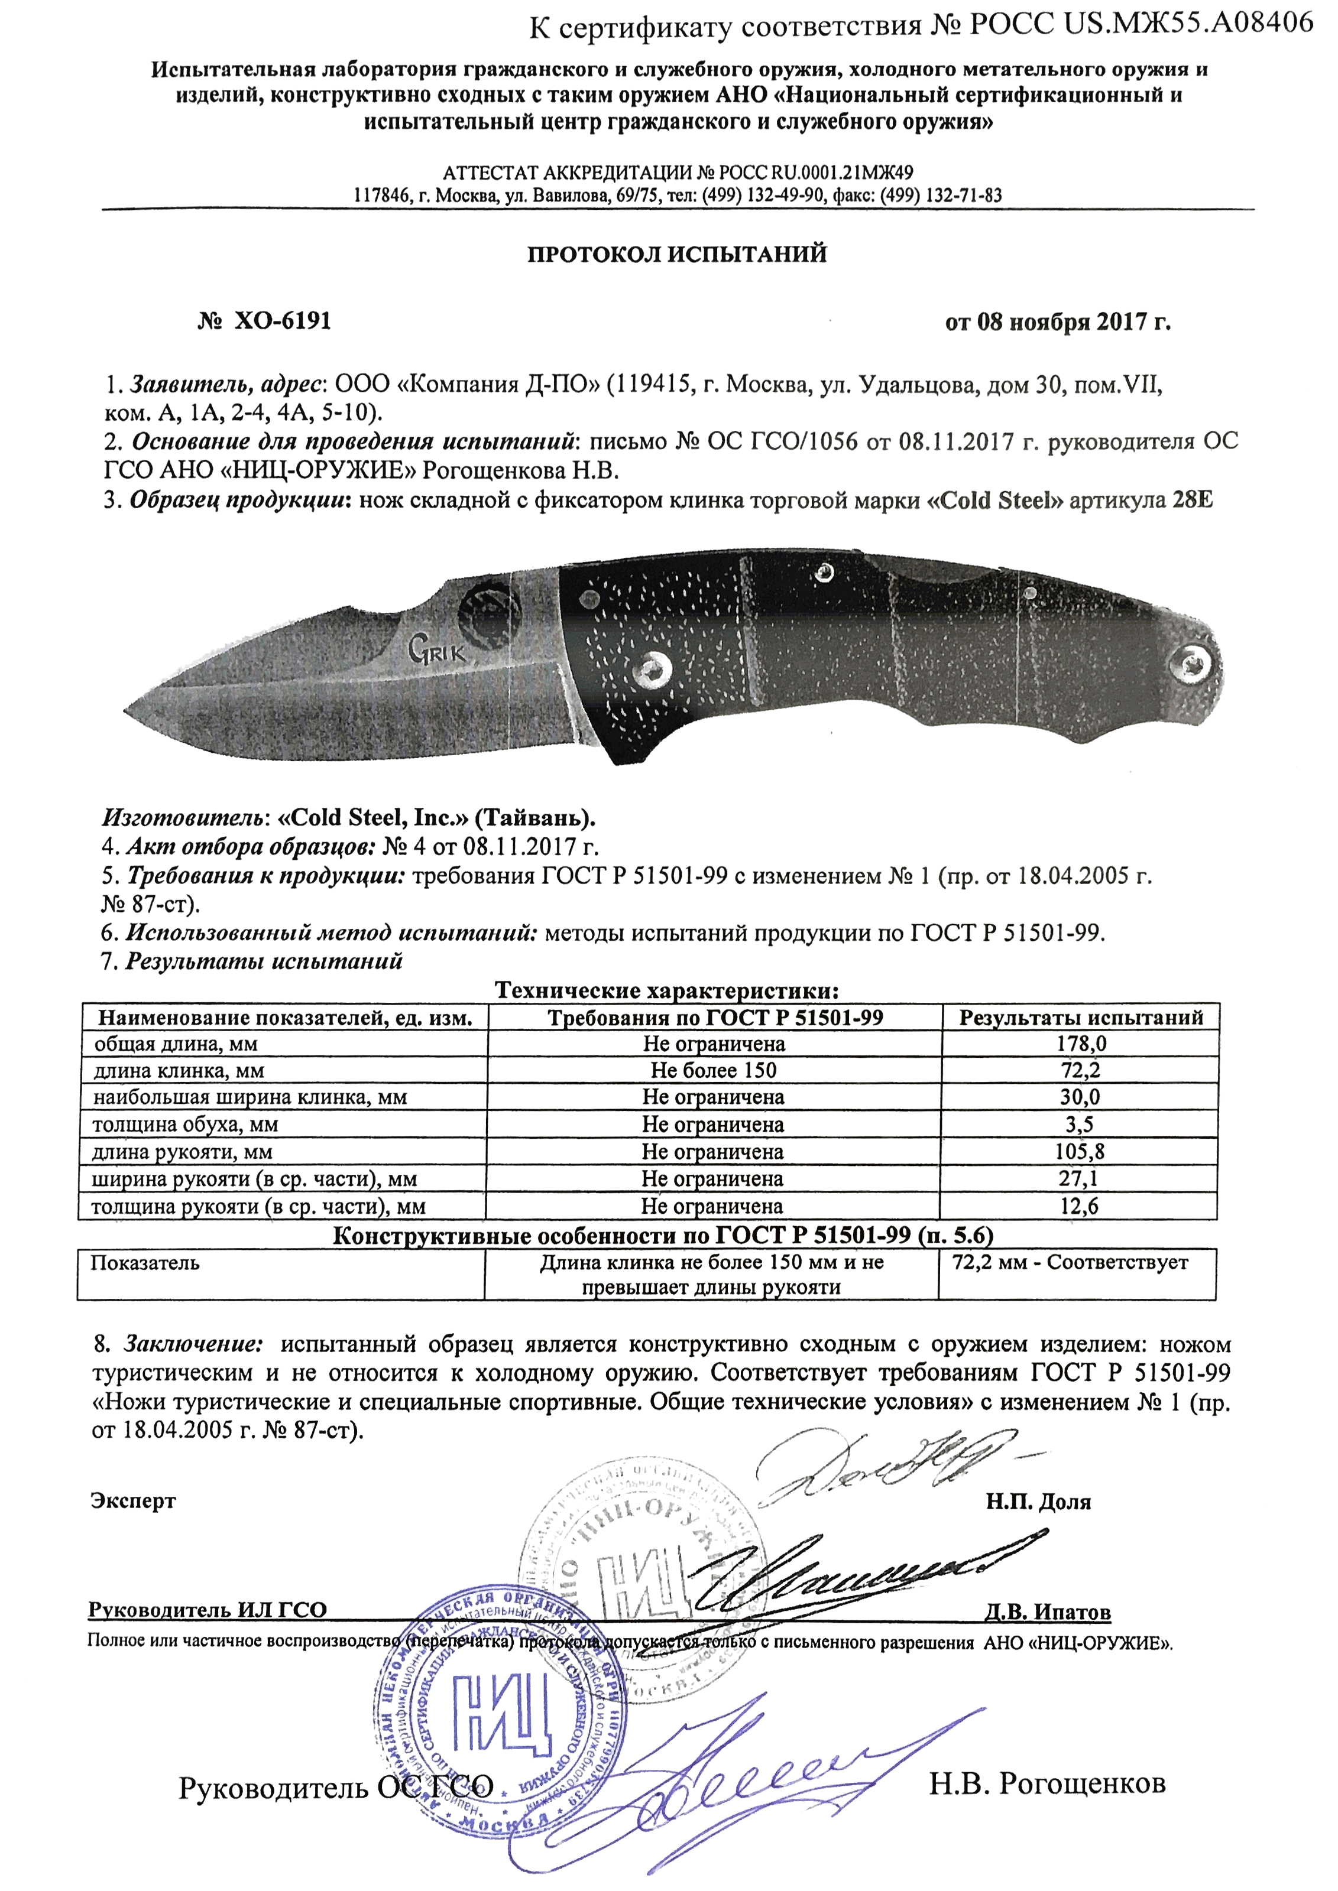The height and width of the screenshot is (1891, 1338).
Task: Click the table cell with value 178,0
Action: (1081, 1044)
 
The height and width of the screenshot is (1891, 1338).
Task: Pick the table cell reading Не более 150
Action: (714, 1071)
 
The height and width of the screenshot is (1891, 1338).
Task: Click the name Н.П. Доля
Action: (1038, 1502)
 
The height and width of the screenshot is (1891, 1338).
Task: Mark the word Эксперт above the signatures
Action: (132, 1500)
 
